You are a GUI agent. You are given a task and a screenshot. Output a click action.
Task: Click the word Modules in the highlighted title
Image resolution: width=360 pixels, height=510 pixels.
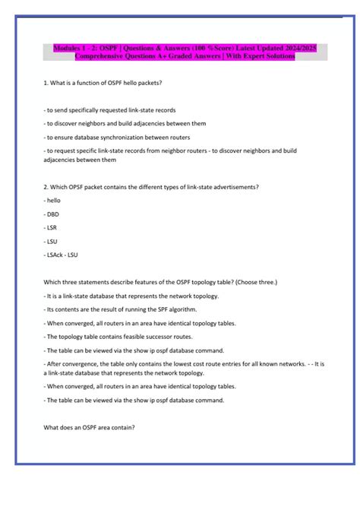70,48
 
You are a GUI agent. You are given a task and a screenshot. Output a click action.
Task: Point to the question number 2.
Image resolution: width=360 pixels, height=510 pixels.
47,187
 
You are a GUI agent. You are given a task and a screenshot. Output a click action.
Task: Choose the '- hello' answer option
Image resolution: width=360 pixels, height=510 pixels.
54,201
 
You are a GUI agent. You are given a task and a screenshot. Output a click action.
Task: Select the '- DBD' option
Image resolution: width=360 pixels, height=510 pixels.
52,214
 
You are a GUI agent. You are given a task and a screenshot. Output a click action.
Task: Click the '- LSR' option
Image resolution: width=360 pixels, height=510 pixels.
52,226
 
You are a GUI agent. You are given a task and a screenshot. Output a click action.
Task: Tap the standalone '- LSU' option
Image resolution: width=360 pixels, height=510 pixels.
52,240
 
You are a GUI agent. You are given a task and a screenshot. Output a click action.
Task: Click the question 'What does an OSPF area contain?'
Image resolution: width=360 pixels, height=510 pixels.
90,427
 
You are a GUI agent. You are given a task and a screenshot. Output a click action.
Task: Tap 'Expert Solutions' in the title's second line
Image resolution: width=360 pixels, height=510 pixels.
267,57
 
